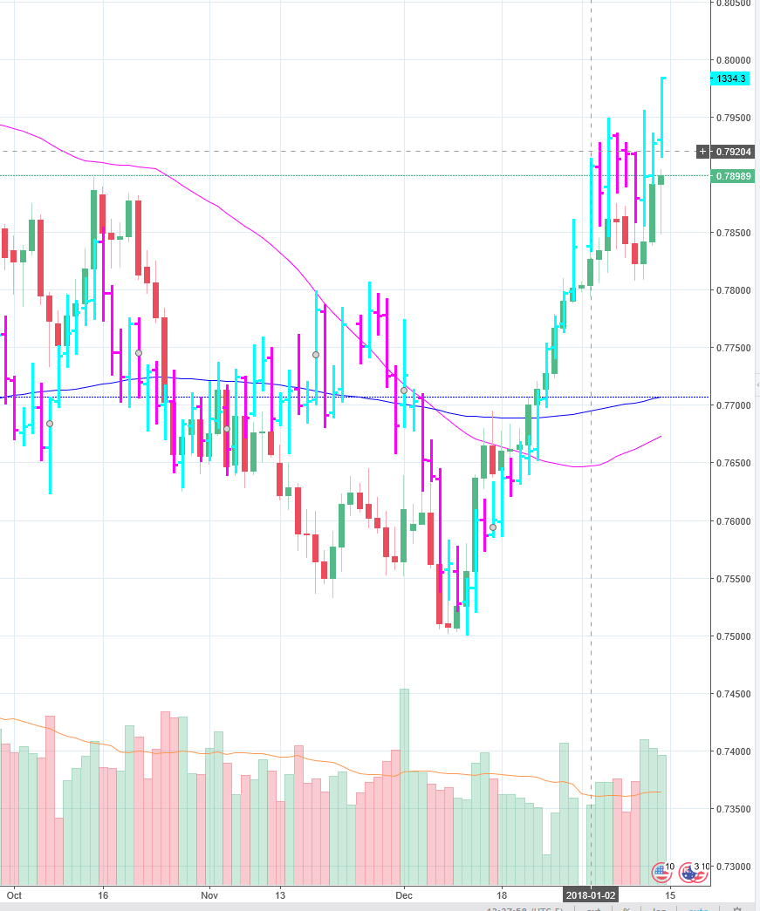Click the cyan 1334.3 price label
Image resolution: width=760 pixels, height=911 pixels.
(731, 78)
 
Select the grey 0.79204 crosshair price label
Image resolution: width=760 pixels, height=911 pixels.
(733, 152)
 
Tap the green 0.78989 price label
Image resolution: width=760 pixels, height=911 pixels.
(733, 176)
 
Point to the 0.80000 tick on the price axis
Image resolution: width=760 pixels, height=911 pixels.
(733, 60)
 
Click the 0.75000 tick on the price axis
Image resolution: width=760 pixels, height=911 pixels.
(733, 636)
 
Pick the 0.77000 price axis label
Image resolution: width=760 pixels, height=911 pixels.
(733, 405)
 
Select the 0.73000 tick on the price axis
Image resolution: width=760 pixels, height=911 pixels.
(733, 867)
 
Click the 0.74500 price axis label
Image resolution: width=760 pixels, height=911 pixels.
(733, 694)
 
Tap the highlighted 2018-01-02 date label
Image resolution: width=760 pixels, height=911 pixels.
(591, 895)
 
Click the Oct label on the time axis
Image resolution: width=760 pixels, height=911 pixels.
(12, 895)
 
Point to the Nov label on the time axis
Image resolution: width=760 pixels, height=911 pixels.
(209, 895)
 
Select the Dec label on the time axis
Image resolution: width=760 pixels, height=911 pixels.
(404, 895)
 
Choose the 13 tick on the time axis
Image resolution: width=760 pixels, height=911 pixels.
(280, 895)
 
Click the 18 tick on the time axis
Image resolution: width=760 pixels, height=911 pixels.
(502, 895)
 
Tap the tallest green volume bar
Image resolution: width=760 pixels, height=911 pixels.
(404, 785)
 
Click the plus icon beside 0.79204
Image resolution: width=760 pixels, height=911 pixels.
(703, 152)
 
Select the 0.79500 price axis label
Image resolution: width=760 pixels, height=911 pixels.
(733, 118)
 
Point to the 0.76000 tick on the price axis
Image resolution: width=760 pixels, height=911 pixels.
(733, 521)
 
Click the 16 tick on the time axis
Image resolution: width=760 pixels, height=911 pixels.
(103, 895)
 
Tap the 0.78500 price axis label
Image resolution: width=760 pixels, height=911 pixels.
(733, 233)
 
